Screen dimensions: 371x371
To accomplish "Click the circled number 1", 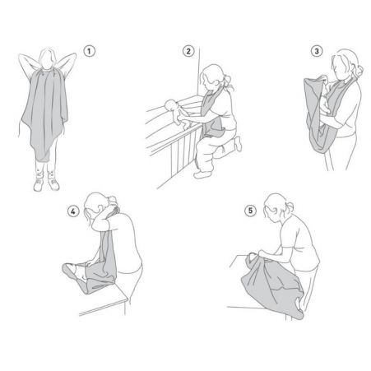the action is pyautogui.click(x=89, y=51).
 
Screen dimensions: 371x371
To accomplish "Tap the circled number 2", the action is pyautogui.click(x=188, y=51).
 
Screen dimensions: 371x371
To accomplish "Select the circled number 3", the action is pyautogui.click(x=317, y=51).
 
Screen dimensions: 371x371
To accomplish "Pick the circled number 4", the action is pyautogui.click(x=73, y=211).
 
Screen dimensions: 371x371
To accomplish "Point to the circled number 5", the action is pyautogui.click(x=250, y=211).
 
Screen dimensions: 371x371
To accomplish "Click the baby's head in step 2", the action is pyautogui.click(x=170, y=105).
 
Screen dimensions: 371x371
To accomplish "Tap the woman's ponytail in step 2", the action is pyautogui.click(x=229, y=82).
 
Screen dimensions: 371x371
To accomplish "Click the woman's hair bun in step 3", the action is pyautogui.click(x=359, y=72).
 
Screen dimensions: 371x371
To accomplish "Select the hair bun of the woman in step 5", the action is pyautogui.click(x=289, y=207).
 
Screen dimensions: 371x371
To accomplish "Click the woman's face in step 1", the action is pyautogui.click(x=47, y=60).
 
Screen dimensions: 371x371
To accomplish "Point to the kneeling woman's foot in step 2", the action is pyautogui.click(x=238, y=143).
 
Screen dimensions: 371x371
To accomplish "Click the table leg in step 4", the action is pyautogui.click(x=125, y=308).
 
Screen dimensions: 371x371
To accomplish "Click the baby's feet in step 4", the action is pyautogui.click(x=67, y=269).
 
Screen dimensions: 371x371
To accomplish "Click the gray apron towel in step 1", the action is pyautogui.click(x=45, y=113).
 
